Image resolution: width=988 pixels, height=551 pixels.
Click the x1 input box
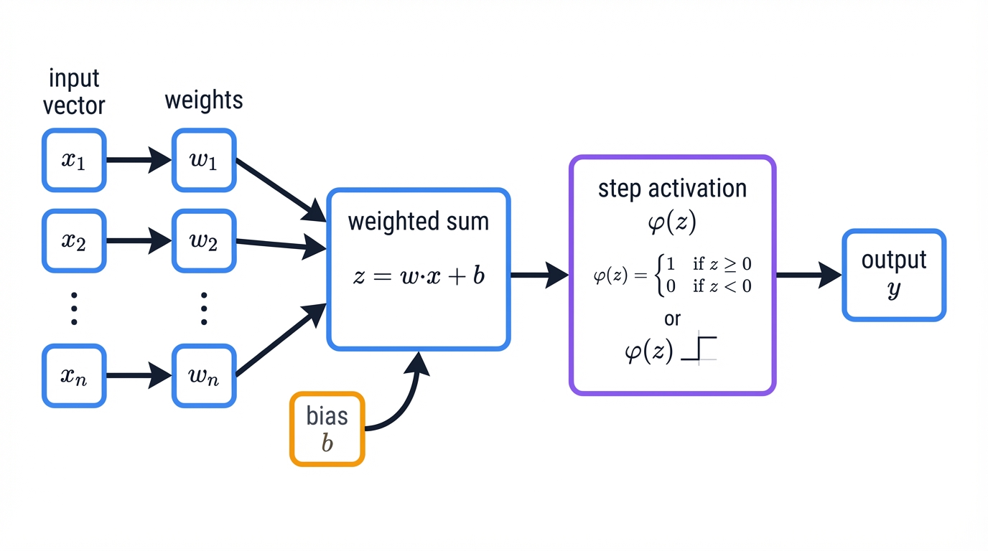[74, 160]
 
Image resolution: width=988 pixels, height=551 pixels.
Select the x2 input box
[74, 241]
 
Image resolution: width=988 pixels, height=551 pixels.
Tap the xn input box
[74, 375]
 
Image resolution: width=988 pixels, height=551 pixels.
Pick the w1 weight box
[204, 160]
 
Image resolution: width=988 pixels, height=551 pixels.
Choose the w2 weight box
[204, 241]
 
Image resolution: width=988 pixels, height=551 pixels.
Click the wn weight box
[204, 375]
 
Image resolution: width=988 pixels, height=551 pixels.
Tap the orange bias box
[327, 429]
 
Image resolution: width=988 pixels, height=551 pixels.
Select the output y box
[894, 275]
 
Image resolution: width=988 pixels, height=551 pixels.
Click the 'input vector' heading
[74, 92]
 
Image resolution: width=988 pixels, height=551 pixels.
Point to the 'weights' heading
[204, 100]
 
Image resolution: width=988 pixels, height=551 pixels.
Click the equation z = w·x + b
[419, 275]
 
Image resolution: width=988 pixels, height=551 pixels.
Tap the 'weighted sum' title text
[419, 222]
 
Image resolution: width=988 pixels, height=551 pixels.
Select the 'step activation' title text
[672, 189]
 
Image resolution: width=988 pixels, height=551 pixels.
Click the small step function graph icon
[699, 349]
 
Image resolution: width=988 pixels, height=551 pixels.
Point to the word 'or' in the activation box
[672, 318]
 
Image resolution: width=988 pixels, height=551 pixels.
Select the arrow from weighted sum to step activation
[539, 275]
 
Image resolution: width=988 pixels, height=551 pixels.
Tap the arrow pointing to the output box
[808, 275]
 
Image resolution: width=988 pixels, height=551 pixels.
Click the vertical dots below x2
[74, 308]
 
